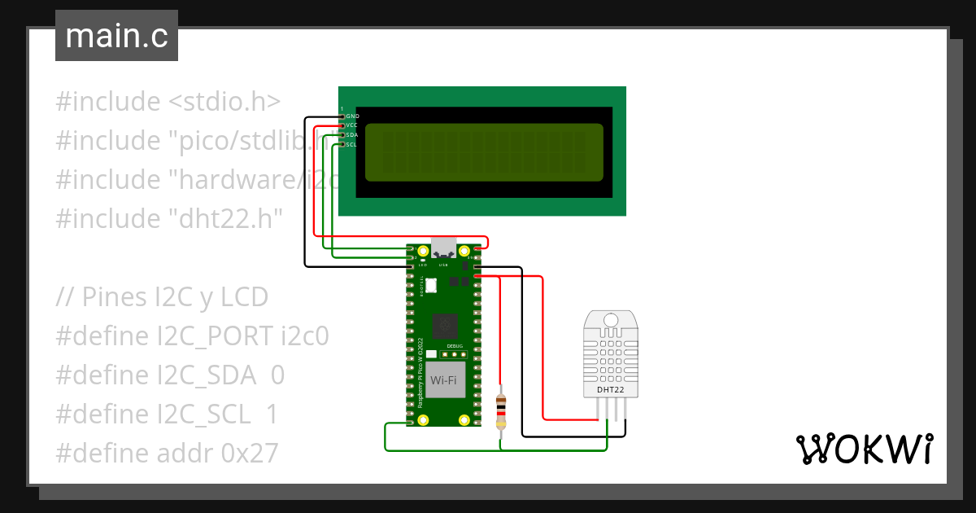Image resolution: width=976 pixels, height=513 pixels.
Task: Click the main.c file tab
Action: coord(116,37)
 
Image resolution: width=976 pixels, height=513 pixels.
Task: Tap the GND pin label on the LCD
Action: coord(353,116)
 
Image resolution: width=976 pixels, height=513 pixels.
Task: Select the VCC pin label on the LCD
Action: coord(352,125)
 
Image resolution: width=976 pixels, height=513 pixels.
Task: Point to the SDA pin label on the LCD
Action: coord(352,135)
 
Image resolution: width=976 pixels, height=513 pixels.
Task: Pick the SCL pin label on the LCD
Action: coord(352,145)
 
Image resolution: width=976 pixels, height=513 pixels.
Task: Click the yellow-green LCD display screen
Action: coord(484,151)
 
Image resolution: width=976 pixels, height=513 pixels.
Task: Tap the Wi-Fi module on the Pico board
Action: coord(443,380)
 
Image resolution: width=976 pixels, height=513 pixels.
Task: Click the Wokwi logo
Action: coord(865,449)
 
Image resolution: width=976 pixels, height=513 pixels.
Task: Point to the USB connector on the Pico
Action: coord(444,248)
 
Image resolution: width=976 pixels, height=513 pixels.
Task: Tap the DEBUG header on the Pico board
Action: coord(453,353)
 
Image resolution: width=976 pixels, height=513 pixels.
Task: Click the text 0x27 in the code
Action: coord(249,453)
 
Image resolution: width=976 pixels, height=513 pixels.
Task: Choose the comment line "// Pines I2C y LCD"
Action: coord(162,296)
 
